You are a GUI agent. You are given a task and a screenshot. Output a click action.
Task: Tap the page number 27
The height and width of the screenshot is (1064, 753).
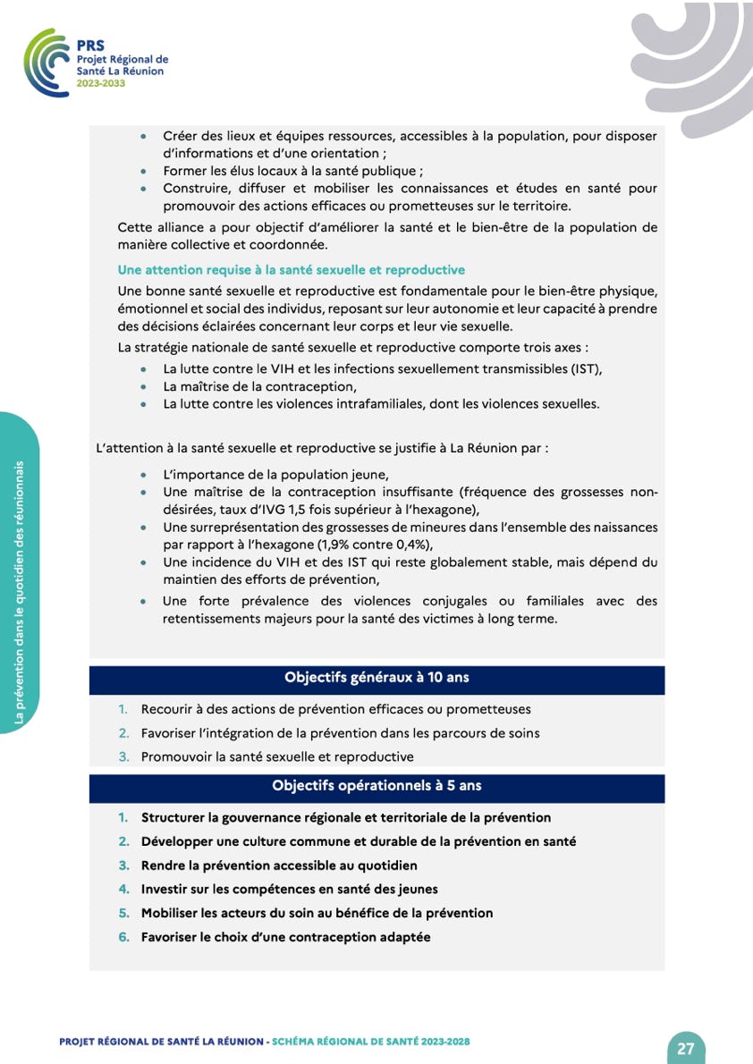coord(686,1049)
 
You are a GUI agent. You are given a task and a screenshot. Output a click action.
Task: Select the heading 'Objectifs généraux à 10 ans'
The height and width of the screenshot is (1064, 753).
coord(376,678)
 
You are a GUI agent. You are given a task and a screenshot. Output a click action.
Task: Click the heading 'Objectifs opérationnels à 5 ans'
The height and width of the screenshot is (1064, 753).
coord(376,786)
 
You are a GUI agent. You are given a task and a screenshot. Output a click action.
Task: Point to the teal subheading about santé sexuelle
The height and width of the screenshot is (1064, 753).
coord(291,270)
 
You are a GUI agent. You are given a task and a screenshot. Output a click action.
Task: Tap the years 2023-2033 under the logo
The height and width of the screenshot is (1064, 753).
coord(101,82)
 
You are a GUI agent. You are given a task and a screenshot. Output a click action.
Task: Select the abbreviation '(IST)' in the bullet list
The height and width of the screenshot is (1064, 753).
coord(584,369)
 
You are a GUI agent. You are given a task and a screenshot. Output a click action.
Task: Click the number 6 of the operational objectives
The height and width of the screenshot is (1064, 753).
coord(123,938)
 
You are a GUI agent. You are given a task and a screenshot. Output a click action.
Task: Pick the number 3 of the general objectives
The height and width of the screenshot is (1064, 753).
coord(123,757)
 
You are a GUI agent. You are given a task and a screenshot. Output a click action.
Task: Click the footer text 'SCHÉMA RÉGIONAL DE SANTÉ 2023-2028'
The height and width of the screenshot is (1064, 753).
coord(370,1042)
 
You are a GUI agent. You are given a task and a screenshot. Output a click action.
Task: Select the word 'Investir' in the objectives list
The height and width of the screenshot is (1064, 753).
coord(165,890)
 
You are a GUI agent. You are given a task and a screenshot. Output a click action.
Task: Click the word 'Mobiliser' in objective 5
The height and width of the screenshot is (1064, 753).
coord(171,914)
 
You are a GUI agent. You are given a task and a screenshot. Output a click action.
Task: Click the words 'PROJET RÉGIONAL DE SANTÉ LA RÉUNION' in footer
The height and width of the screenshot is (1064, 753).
coord(161,1042)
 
